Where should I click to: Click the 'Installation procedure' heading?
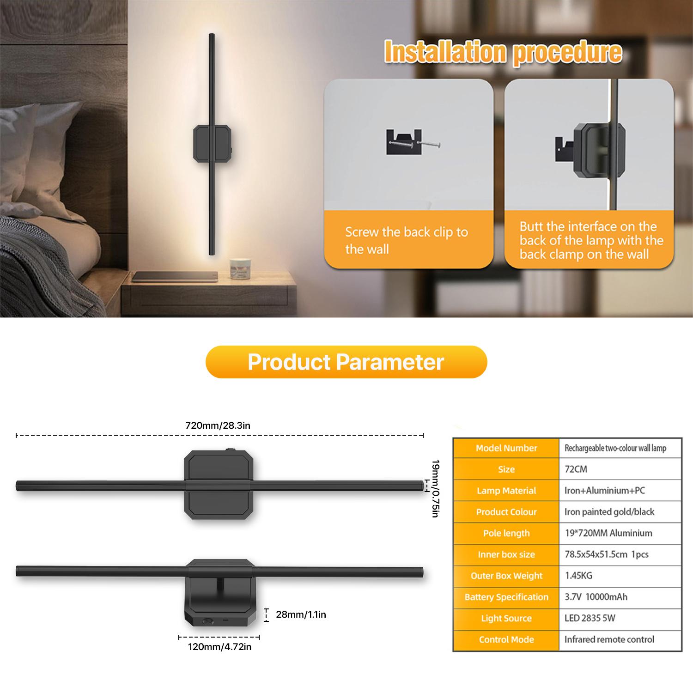(x=503, y=53)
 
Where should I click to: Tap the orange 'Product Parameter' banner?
(x=346, y=362)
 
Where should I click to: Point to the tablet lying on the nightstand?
(x=175, y=277)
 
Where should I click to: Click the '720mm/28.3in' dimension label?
(x=218, y=426)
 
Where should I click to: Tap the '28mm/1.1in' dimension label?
(x=301, y=614)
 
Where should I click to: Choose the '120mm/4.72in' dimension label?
(x=219, y=647)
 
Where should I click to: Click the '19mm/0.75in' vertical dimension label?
(x=434, y=488)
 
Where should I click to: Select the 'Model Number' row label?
(x=506, y=448)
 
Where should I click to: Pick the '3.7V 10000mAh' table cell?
(x=596, y=597)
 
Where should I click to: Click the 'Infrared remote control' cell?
(x=609, y=639)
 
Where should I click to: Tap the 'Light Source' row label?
(x=506, y=618)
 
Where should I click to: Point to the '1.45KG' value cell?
(x=578, y=576)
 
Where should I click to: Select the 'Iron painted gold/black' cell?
(x=609, y=512)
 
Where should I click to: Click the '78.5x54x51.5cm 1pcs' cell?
(x=606, y=554)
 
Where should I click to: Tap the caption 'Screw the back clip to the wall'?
(x=407, y=240)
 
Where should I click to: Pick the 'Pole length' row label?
(x=506, y=533)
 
